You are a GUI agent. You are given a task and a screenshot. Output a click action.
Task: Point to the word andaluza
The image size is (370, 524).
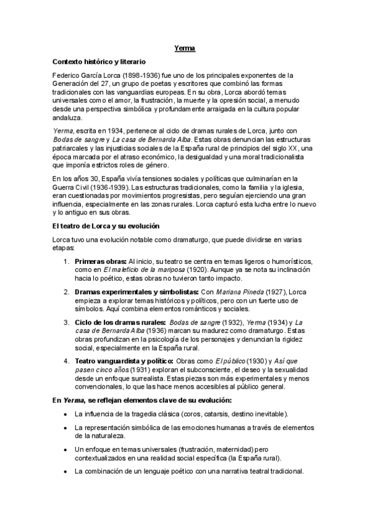coord(68,117)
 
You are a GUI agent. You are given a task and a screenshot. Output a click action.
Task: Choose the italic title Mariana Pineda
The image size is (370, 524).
coord(236,291)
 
